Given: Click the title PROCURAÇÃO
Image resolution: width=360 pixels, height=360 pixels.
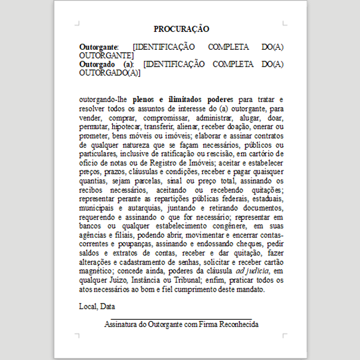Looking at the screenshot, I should [181, 28].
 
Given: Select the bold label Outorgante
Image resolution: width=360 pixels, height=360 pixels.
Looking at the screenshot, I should [99, 46].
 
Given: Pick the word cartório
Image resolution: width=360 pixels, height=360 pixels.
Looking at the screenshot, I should [262, 154].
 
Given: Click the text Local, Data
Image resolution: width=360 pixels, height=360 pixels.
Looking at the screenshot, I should [97, 306].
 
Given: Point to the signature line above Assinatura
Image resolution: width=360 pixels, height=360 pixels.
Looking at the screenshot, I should [181, 319].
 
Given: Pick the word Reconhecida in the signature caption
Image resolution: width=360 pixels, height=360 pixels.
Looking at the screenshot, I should [239, 325].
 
